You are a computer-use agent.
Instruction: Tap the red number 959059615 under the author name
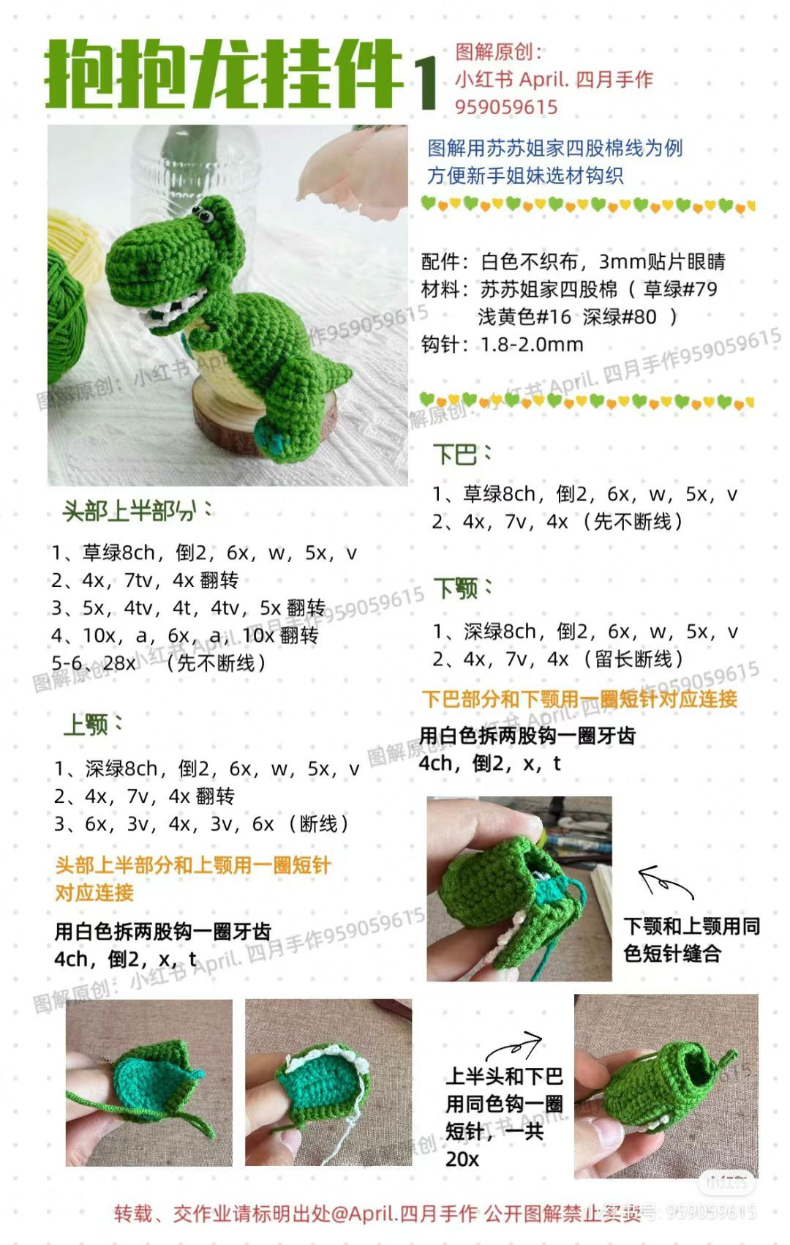pos(506,107)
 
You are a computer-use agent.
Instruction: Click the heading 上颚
pos(86,725)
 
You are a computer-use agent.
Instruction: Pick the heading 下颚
pos(456,588)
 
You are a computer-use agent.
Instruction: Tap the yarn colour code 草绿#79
pos(680,289)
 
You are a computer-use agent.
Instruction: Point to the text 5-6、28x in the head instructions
pos(93,663)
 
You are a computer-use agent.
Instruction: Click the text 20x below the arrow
pos(462,1159)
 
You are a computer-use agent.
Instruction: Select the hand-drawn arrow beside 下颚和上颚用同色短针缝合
pos(663,881)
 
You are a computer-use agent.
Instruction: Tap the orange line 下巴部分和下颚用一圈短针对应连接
pos(579,699)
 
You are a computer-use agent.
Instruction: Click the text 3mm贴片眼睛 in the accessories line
pos(662,261)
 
